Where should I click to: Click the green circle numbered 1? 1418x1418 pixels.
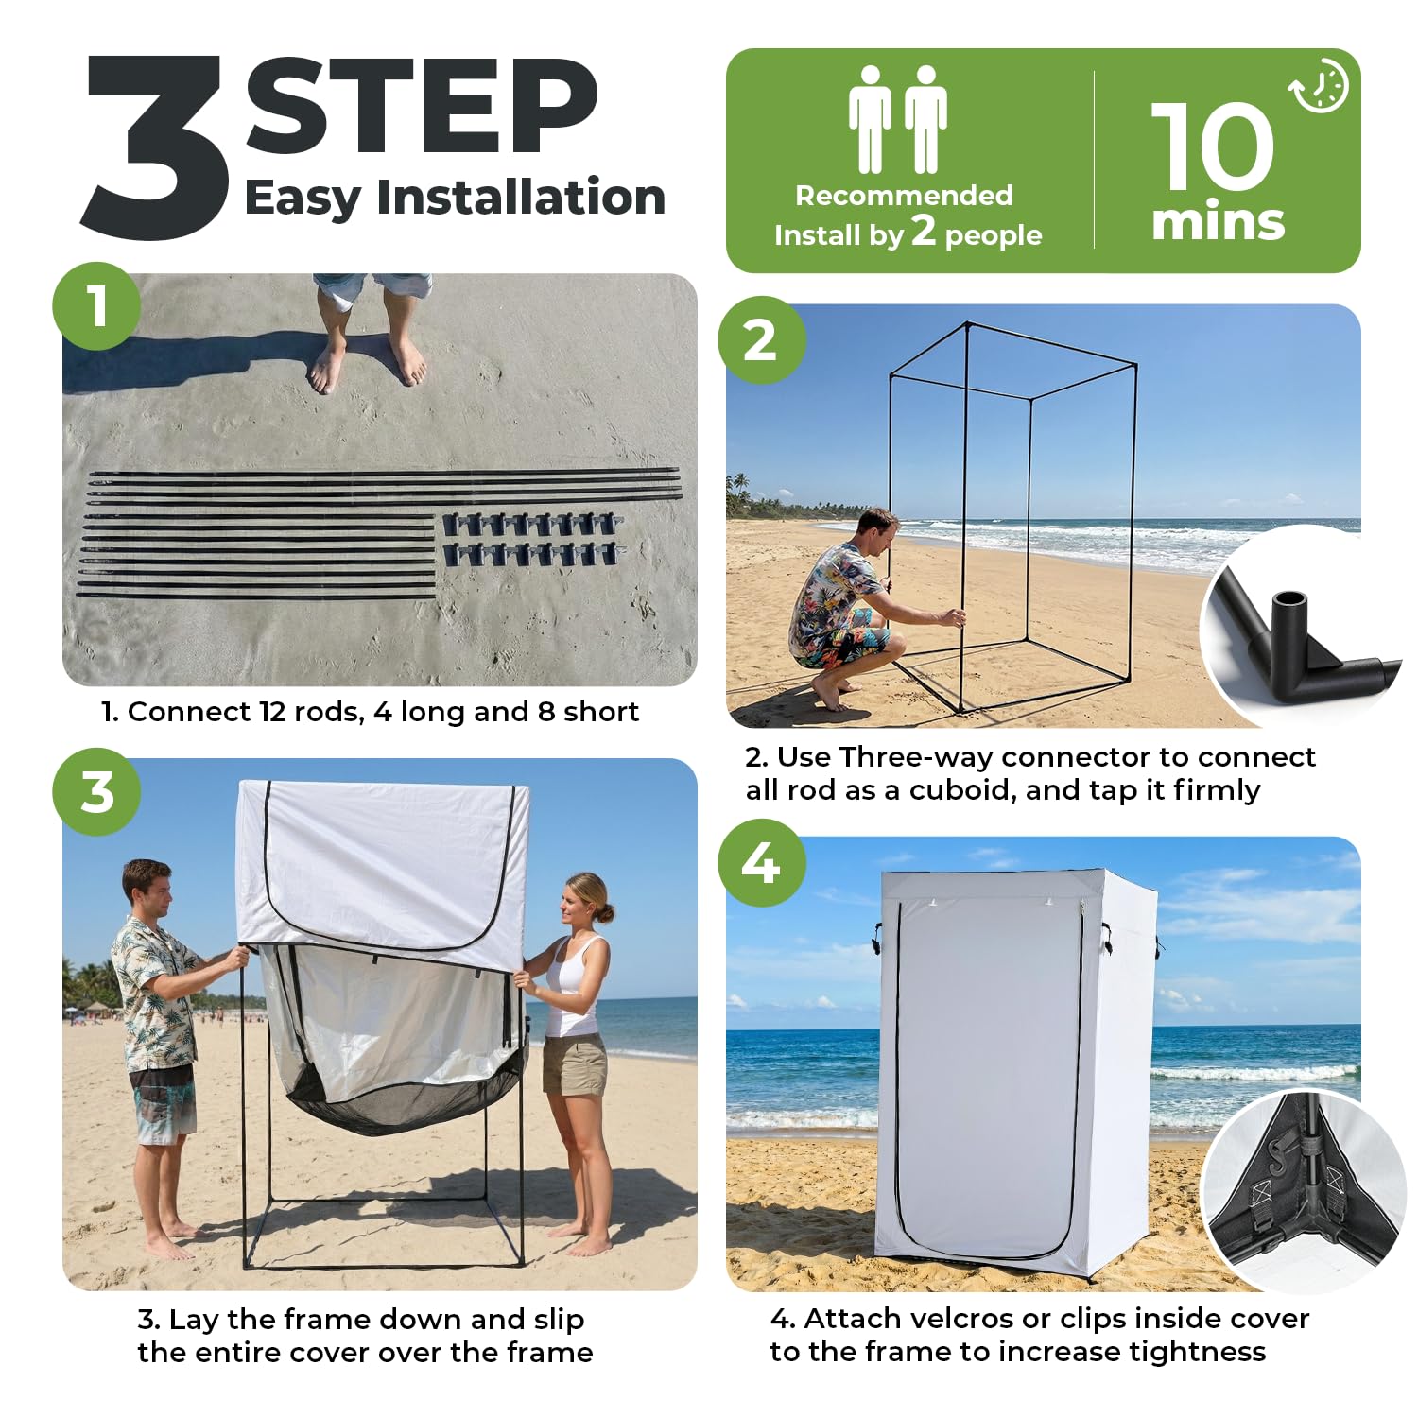pos(96,306)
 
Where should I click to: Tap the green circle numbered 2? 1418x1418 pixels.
pos(761,340)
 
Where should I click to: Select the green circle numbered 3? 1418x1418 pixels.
pos(96,792)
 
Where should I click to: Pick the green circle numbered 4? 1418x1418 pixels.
pos(761,863)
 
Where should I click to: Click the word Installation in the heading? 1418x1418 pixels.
pos(521,197)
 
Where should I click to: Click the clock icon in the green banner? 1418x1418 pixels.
pos(1320,86)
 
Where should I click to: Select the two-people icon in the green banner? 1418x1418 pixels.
pos(897,119)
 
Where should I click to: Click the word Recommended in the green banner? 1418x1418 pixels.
pos(904,195)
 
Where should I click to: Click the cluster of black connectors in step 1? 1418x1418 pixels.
pos(532,539)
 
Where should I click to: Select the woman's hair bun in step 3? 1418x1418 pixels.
pos(604,912)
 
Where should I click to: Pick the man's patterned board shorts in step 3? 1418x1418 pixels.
pos(163,1104)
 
